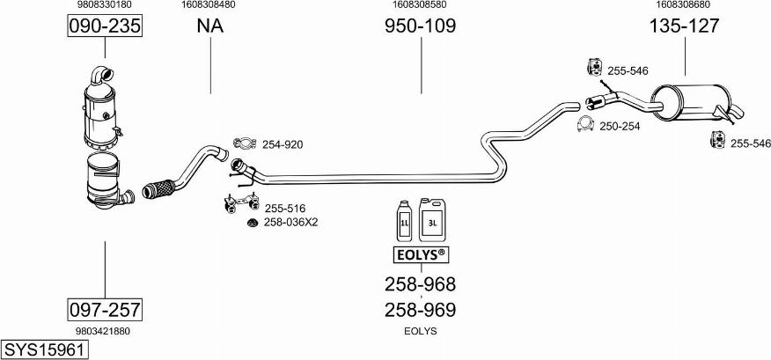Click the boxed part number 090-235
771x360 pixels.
click(x=105, y=26)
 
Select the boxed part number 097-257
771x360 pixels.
click(x=105, y=310)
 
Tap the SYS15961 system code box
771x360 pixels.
click(x=45, y=349)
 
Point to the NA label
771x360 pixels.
click(x=209, y=26)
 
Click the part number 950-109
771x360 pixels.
click(x=420, y=26)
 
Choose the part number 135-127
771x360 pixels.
click(x=684, y=26)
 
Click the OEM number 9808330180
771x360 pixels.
click(x=105, y=5)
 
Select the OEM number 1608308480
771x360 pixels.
click(x=209, y=5)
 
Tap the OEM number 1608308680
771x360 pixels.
click(x=684, y=5)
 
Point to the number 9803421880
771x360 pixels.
click(x=104, y=331)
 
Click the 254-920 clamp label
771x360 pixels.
click(x=283, y=144)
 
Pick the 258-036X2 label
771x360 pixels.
click(x=290, y=222)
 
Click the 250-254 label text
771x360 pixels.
click(x=620, y=127)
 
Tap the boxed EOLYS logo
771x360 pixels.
click(x=420, y=256)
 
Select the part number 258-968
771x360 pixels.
click(x=420, y=284)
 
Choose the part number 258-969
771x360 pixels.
click(x=420, y=310)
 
